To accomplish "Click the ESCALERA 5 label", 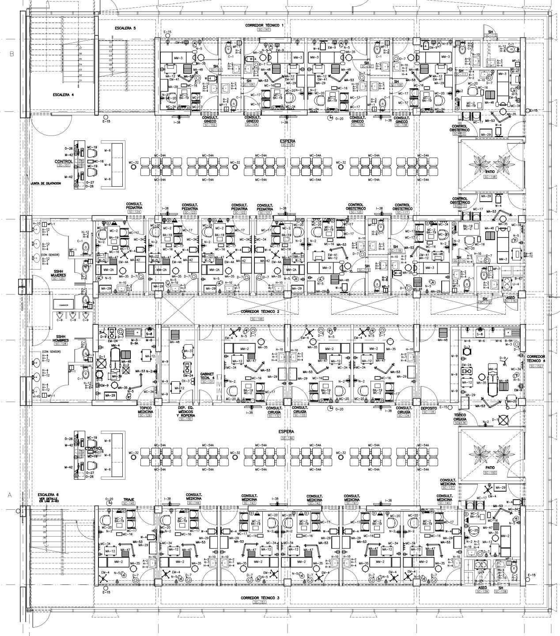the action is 125,28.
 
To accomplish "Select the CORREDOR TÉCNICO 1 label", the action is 265,26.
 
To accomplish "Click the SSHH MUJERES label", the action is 58,273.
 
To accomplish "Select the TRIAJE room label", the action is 129,500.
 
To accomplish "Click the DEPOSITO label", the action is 429,408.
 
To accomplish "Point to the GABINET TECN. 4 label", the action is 207,376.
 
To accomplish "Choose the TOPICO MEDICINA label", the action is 146,410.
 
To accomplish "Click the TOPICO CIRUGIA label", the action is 461,417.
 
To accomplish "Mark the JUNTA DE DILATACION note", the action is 46,183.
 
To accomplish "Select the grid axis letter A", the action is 10,495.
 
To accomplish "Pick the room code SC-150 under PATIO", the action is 490,473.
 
